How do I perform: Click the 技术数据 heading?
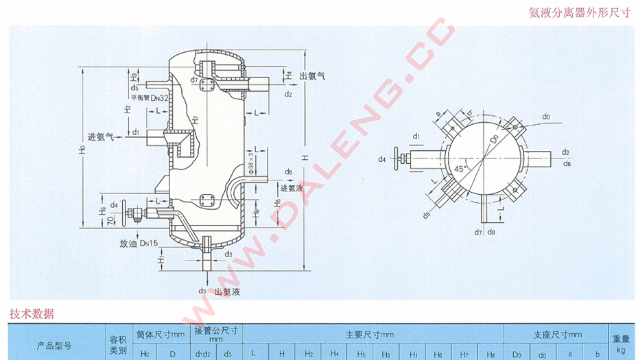pyautogui.click(x=32, y=314)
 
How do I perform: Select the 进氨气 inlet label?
pyautogui.click(x=101, y=136)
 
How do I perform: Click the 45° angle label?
pyautogui.click(x=461, y=167)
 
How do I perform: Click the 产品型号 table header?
pyautogui.click(x=54, y=346)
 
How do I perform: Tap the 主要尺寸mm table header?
pyautogui.click(x=369, y=335)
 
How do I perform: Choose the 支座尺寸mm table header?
pyautogui.click(x=557, y=335)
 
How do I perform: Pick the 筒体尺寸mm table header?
pyautogui.click(x=161, y=335)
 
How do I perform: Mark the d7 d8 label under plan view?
pyautogui.click(x=485, y=232)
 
